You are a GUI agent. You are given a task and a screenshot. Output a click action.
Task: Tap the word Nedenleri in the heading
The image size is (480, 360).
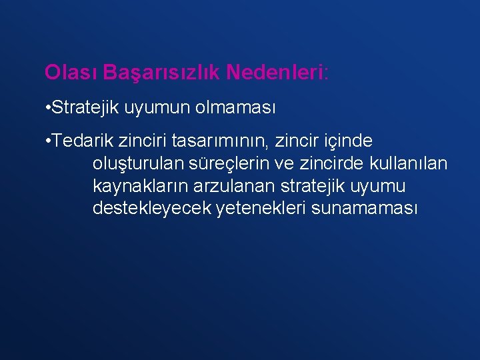point(273,72)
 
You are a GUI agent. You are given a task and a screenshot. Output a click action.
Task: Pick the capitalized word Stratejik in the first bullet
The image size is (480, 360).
point(82,107)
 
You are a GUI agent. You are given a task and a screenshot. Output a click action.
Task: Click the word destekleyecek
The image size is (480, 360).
point(153,209)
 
